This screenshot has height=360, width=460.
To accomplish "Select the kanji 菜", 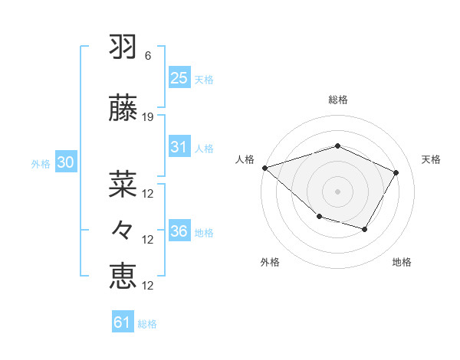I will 123,182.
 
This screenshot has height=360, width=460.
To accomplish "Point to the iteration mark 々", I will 123,229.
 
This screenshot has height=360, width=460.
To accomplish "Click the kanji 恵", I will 123,275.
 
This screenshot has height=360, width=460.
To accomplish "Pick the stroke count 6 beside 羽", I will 148,56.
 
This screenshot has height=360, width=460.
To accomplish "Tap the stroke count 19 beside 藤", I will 148,117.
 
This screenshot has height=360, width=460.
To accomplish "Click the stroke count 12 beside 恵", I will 148,286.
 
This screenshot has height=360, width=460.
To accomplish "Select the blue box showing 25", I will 179,77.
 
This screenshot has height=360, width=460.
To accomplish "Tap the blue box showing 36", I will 179,231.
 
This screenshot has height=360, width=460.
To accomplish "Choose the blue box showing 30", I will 65,162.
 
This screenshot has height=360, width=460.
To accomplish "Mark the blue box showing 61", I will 123,322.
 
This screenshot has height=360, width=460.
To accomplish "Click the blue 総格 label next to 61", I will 147,324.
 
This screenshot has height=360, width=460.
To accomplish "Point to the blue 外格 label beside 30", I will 41,163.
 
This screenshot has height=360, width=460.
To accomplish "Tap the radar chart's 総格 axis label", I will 337,100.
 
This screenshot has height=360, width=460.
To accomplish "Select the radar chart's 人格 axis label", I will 245,159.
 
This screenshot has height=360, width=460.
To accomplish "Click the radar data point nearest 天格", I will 396,172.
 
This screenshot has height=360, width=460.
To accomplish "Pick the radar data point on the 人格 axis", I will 264,168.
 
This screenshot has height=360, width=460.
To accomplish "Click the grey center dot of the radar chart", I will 337,191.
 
